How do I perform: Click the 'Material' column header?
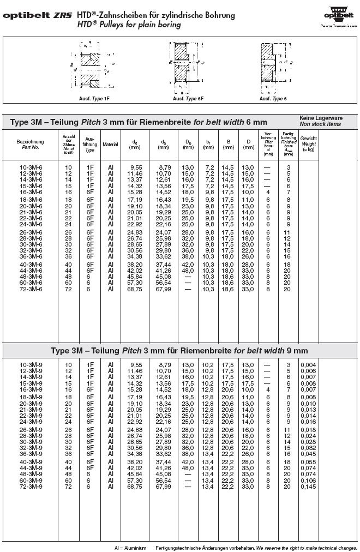110,144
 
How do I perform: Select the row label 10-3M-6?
31,166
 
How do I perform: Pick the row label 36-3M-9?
31,453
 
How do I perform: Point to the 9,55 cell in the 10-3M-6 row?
135,166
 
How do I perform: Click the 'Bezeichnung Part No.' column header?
31,144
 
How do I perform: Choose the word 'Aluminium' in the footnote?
135,547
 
